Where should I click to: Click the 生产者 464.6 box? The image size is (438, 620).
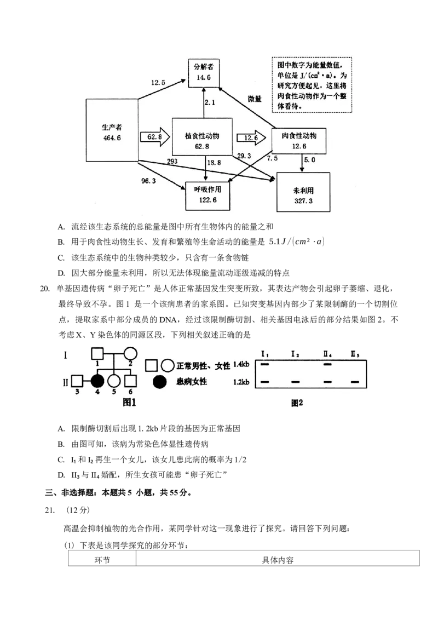tap(112, 131)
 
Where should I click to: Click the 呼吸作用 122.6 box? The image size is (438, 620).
tap(206, 194)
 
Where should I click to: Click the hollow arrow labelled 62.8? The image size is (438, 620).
tap(152, 137)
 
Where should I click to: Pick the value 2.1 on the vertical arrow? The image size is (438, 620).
tap(210, 102)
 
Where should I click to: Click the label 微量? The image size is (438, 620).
tap(255, 99)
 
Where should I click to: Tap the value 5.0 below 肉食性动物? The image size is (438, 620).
tap(310, 160)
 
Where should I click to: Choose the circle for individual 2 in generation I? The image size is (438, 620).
tap(130, 354)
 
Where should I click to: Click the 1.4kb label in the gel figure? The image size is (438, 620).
tap(241, 363)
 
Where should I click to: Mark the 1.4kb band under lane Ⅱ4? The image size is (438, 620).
tap(327, 363)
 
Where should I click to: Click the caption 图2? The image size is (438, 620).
tap(297, 403)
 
